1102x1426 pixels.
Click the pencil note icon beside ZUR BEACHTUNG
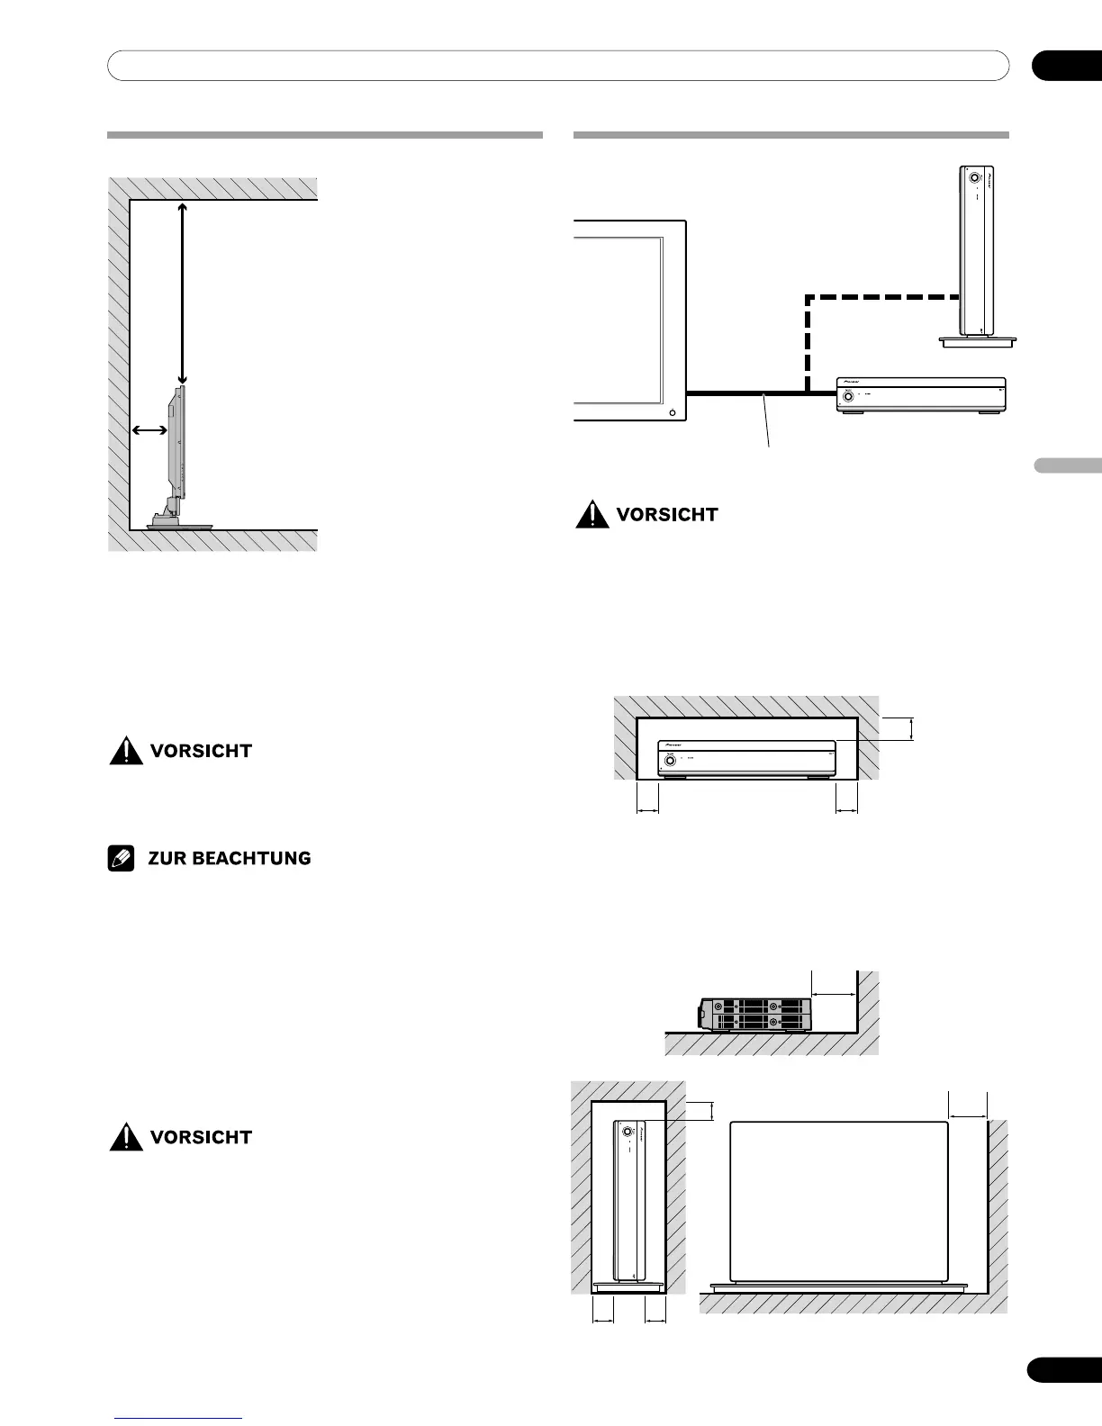[122, 859]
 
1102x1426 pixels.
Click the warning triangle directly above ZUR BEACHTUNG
[126, 751]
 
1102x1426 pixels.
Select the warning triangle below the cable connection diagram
[592, 515]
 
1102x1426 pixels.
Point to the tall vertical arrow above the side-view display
[183, 293]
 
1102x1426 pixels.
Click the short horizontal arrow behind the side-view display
[149, 430]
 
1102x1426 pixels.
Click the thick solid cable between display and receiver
[747, 393]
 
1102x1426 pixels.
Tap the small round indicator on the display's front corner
[673, 412]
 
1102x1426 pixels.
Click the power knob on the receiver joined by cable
[847, 395]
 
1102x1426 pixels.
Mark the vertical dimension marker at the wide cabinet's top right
[912, 728]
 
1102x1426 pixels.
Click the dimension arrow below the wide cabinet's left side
[648, 811]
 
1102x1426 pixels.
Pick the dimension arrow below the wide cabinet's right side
[847, 811]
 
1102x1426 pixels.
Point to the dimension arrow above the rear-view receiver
[834, 995]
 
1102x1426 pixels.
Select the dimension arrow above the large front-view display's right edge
[968, 1116]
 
